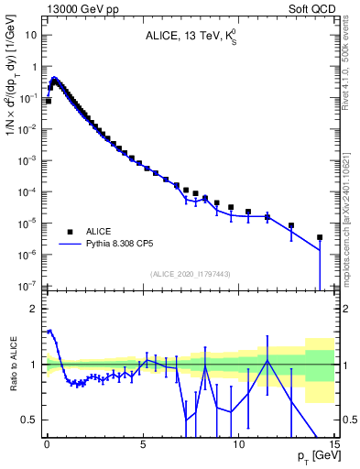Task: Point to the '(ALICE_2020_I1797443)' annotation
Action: pyautogui.click(x=190, y=273)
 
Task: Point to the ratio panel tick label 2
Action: pyautogui.click(x=33, y=309)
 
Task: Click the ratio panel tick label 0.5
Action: pyautogui.click(x=29, y=420)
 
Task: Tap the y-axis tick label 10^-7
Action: pyautogui.click(x=29, y=286)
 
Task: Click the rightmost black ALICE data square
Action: pyautogui.click(x=320, y=237)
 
